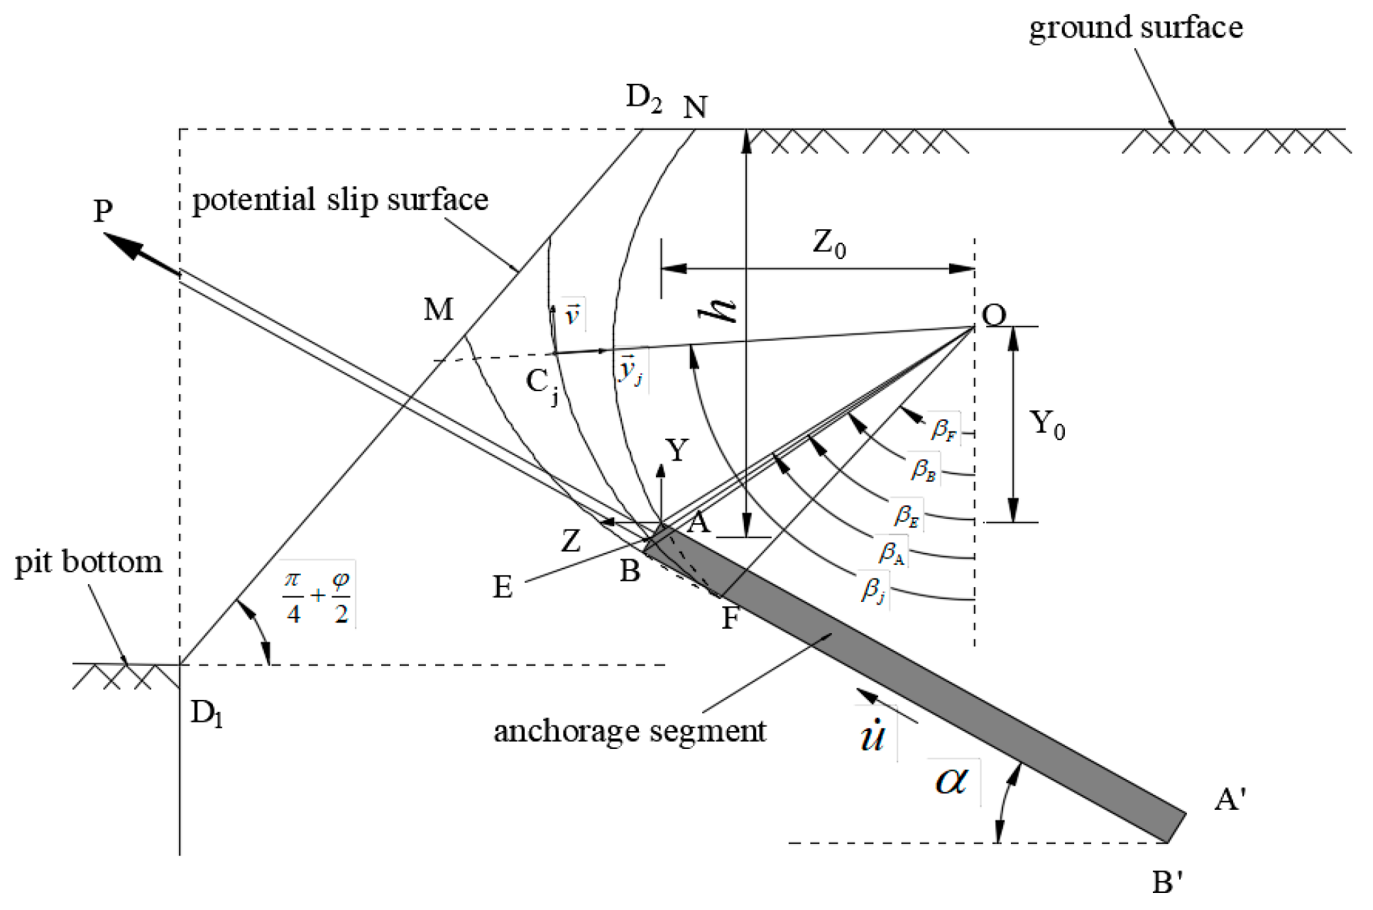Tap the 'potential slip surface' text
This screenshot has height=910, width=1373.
(x=340, y=200)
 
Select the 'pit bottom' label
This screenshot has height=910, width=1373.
(x=89, y=562)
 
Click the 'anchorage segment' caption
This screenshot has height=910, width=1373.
(x=630, y=731)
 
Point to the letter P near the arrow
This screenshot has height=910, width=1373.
(x=103, y=211)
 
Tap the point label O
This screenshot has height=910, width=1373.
(x=994, y=314)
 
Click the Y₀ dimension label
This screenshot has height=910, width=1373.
(x=1047, y=424)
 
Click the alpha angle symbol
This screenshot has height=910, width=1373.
(x=951, y=782)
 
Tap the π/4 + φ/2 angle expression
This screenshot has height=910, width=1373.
(x=317, y=596)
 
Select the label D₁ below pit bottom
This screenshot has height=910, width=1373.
(x=207, y=713)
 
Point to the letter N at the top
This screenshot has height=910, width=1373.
(x=695, y=108)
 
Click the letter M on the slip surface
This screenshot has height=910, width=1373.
(x=438, y=309)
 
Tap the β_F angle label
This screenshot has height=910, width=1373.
(x=943, y=429)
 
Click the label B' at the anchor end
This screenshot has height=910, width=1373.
(x=1167, y=882)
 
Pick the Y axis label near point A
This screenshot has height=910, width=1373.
(x=677, y=450)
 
